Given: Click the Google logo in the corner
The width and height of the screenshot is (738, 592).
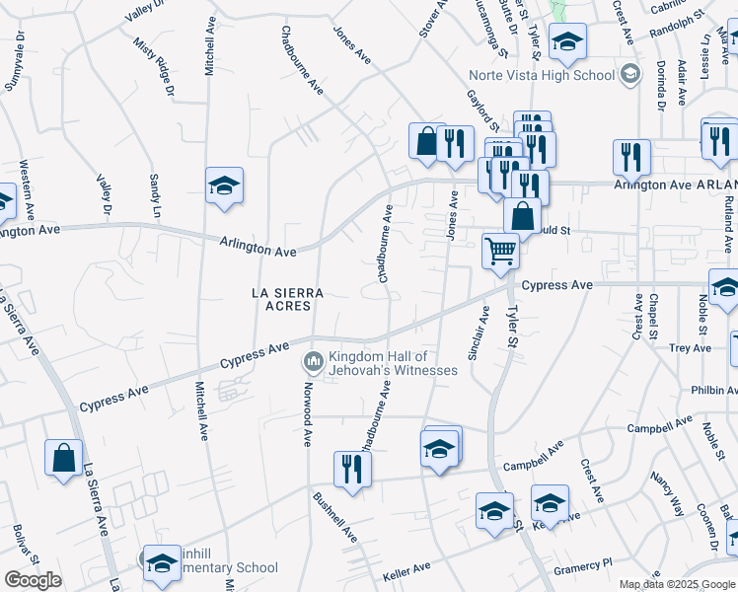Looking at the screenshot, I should (x=32, y=580).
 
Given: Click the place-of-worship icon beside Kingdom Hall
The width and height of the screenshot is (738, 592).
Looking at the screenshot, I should (x=314, y=363).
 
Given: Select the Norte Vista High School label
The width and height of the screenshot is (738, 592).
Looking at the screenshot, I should (x=559, y=75).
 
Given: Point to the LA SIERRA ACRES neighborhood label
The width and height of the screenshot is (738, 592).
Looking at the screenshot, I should (x=281, y=299).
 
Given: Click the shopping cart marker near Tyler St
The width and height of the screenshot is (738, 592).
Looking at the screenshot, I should (x=501, y=252).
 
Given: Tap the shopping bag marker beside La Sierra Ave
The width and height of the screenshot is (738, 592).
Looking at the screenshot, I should (x=64, y=459).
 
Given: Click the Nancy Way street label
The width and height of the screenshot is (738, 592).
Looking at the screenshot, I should (x=667, y=493).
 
